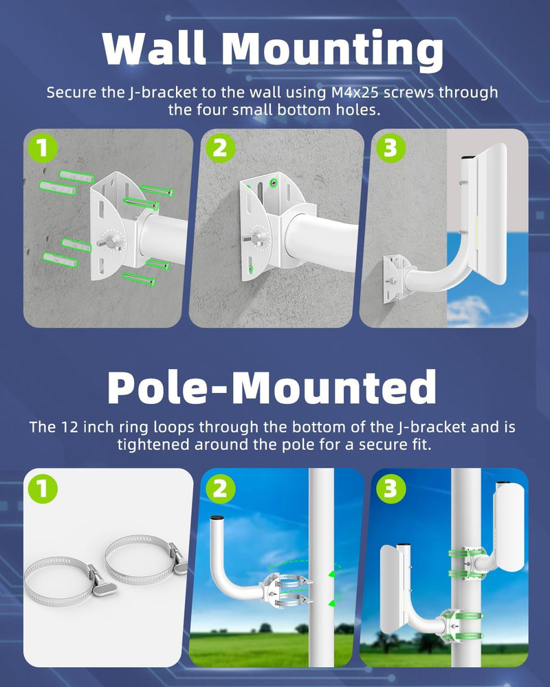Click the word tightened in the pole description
[x=156, y=444]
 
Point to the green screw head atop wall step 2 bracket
[x=274, y=183]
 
